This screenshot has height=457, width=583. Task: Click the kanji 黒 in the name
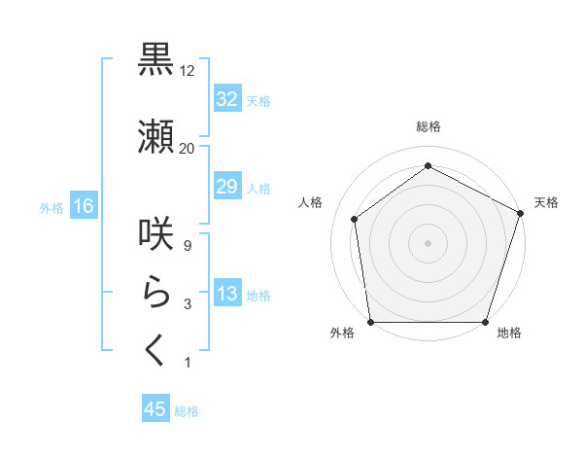click(x=155, y=61)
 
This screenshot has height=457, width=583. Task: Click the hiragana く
click(x=155, y=351)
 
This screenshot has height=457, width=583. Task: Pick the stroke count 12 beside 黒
click(x=188, y=72)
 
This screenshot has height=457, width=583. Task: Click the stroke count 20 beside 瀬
click(x=188, y=148)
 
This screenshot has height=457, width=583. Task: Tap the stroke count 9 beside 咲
click(x=187, y=246)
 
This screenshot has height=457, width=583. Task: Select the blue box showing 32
click(x=226, y=99)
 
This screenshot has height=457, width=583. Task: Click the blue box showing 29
click(x=226, y=187)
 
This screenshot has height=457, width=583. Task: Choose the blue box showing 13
click(x=226, y=295)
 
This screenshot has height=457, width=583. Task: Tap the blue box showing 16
click(x=84, y=206)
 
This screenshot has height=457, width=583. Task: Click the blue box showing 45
click(x=155, y=409)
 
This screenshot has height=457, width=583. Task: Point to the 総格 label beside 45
click(x=187, y=411)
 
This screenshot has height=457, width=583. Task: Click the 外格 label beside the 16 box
click(x=51, y=207)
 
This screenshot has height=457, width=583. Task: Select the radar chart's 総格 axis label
click(x=428, y=127)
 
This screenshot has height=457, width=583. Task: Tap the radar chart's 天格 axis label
click(x=546, y=202)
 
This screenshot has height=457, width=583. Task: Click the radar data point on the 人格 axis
click(x=355, y=219)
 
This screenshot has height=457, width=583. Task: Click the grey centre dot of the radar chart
click(x=428, y=242)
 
